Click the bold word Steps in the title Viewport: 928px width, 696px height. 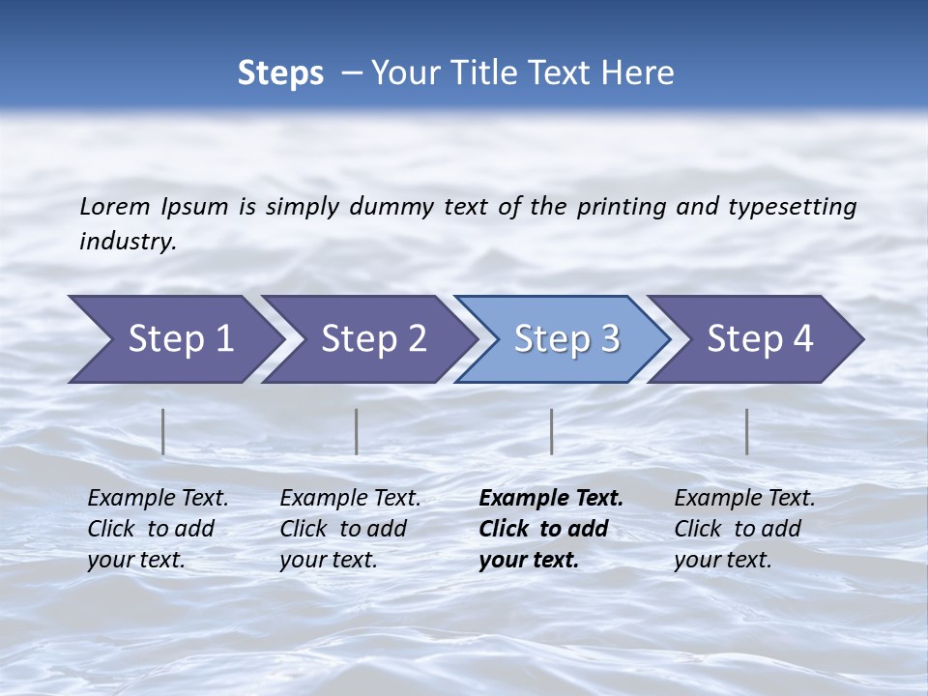coord(280,73)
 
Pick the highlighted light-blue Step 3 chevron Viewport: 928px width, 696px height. coord(566,339)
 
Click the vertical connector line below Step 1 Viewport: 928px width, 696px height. coord(163,431)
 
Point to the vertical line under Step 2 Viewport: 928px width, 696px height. coord(357,431)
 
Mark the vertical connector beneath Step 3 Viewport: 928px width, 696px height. coord(552,431)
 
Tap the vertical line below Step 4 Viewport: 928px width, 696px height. coord(747,431)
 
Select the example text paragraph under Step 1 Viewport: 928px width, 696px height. coord(158,529)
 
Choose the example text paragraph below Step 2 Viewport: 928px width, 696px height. coord(350,529)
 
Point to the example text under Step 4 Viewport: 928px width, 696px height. coord(744,529)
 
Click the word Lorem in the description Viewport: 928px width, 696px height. coord(114,207)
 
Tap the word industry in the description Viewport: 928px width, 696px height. coord(128,242)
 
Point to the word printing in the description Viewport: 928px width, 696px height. coord(622,207)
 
